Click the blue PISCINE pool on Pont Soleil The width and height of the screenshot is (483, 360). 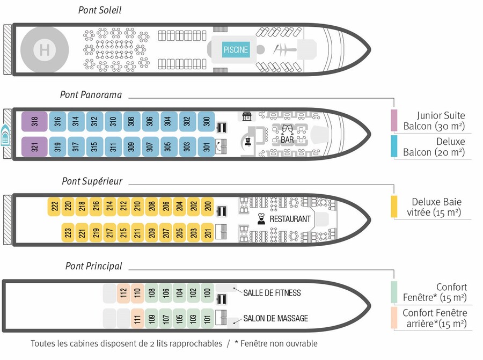(x=236, y=49)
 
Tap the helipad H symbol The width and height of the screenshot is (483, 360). (x=45, y=49)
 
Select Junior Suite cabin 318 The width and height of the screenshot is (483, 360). (x=34, y=121)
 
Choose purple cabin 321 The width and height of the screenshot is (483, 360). (x=34, y=146)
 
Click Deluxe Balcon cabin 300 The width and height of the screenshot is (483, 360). (x=207, y=121)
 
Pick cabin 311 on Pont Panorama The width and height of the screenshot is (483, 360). (x=113, y=146)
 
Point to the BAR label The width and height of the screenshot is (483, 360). (x=287, y=140)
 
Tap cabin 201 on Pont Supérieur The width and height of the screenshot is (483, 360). (x=208, y=232)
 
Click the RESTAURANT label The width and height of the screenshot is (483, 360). (x=290, y=219)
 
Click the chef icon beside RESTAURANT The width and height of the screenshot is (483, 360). (x=261, y=219)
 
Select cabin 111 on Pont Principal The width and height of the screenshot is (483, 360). (x=137, y=319)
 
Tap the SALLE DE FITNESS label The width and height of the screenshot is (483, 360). (x=272, y=292)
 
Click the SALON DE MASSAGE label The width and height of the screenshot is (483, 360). (x=276, y=318)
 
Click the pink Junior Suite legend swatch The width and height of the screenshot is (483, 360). (x=394, y=120)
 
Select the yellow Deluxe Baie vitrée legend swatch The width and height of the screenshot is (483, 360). (x=394, y=207)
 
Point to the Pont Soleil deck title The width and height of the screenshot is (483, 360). (x=100, y=10)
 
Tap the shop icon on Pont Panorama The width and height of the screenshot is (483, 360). (x=246, y=116)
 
